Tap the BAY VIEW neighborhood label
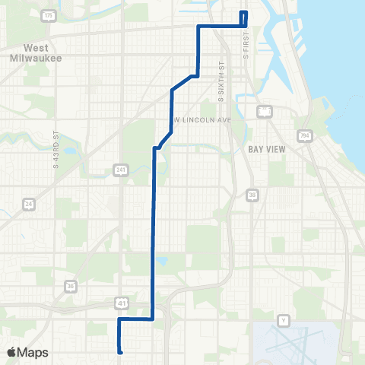click(267, 149)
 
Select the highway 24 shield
click(29, 204)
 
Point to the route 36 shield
click(70, 286)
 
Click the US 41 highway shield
click(122, 303)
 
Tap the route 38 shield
click(252, 196)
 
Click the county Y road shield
click(284, 319)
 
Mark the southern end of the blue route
click(121, 352)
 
